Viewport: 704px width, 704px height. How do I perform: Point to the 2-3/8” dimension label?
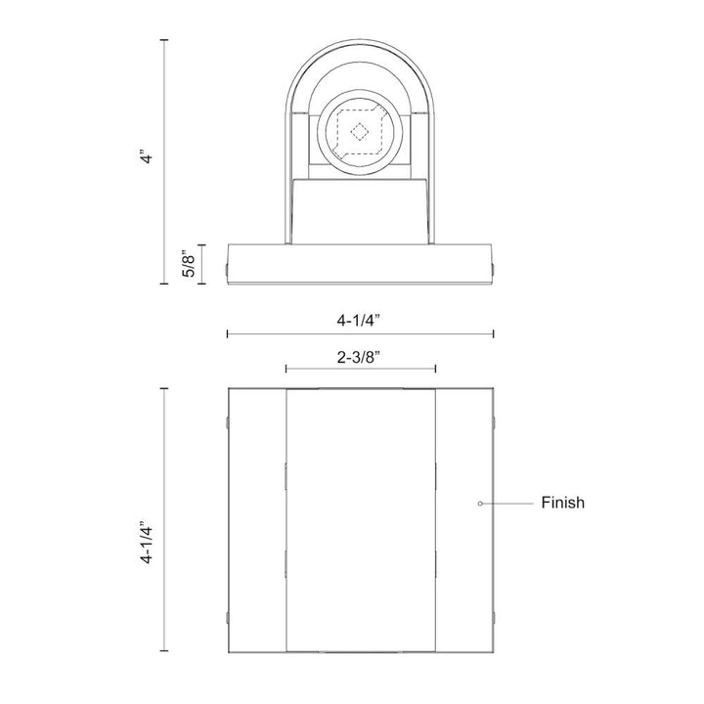pos(359,357)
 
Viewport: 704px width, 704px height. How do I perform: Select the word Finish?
pos(562,504)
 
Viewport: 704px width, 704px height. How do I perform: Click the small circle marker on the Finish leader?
pos(479,504)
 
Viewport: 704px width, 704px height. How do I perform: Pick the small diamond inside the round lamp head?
pos(359,132)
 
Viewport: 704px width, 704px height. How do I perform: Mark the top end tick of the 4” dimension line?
pos(164,39)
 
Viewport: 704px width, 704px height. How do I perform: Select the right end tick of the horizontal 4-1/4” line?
pos(493,334)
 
